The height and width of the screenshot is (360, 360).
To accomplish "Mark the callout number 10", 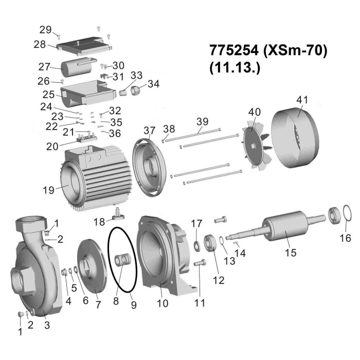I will [x=163, y=304].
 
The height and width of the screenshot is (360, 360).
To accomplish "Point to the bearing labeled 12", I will [x=211, y=243].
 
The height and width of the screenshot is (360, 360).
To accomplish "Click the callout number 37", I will [x=149, y=131].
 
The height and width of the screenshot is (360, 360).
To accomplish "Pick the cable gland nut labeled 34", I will [x=137, y=91].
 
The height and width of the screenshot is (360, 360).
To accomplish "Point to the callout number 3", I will [x=47, y=325].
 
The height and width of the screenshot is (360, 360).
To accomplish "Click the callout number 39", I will [x=203, y=121].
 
